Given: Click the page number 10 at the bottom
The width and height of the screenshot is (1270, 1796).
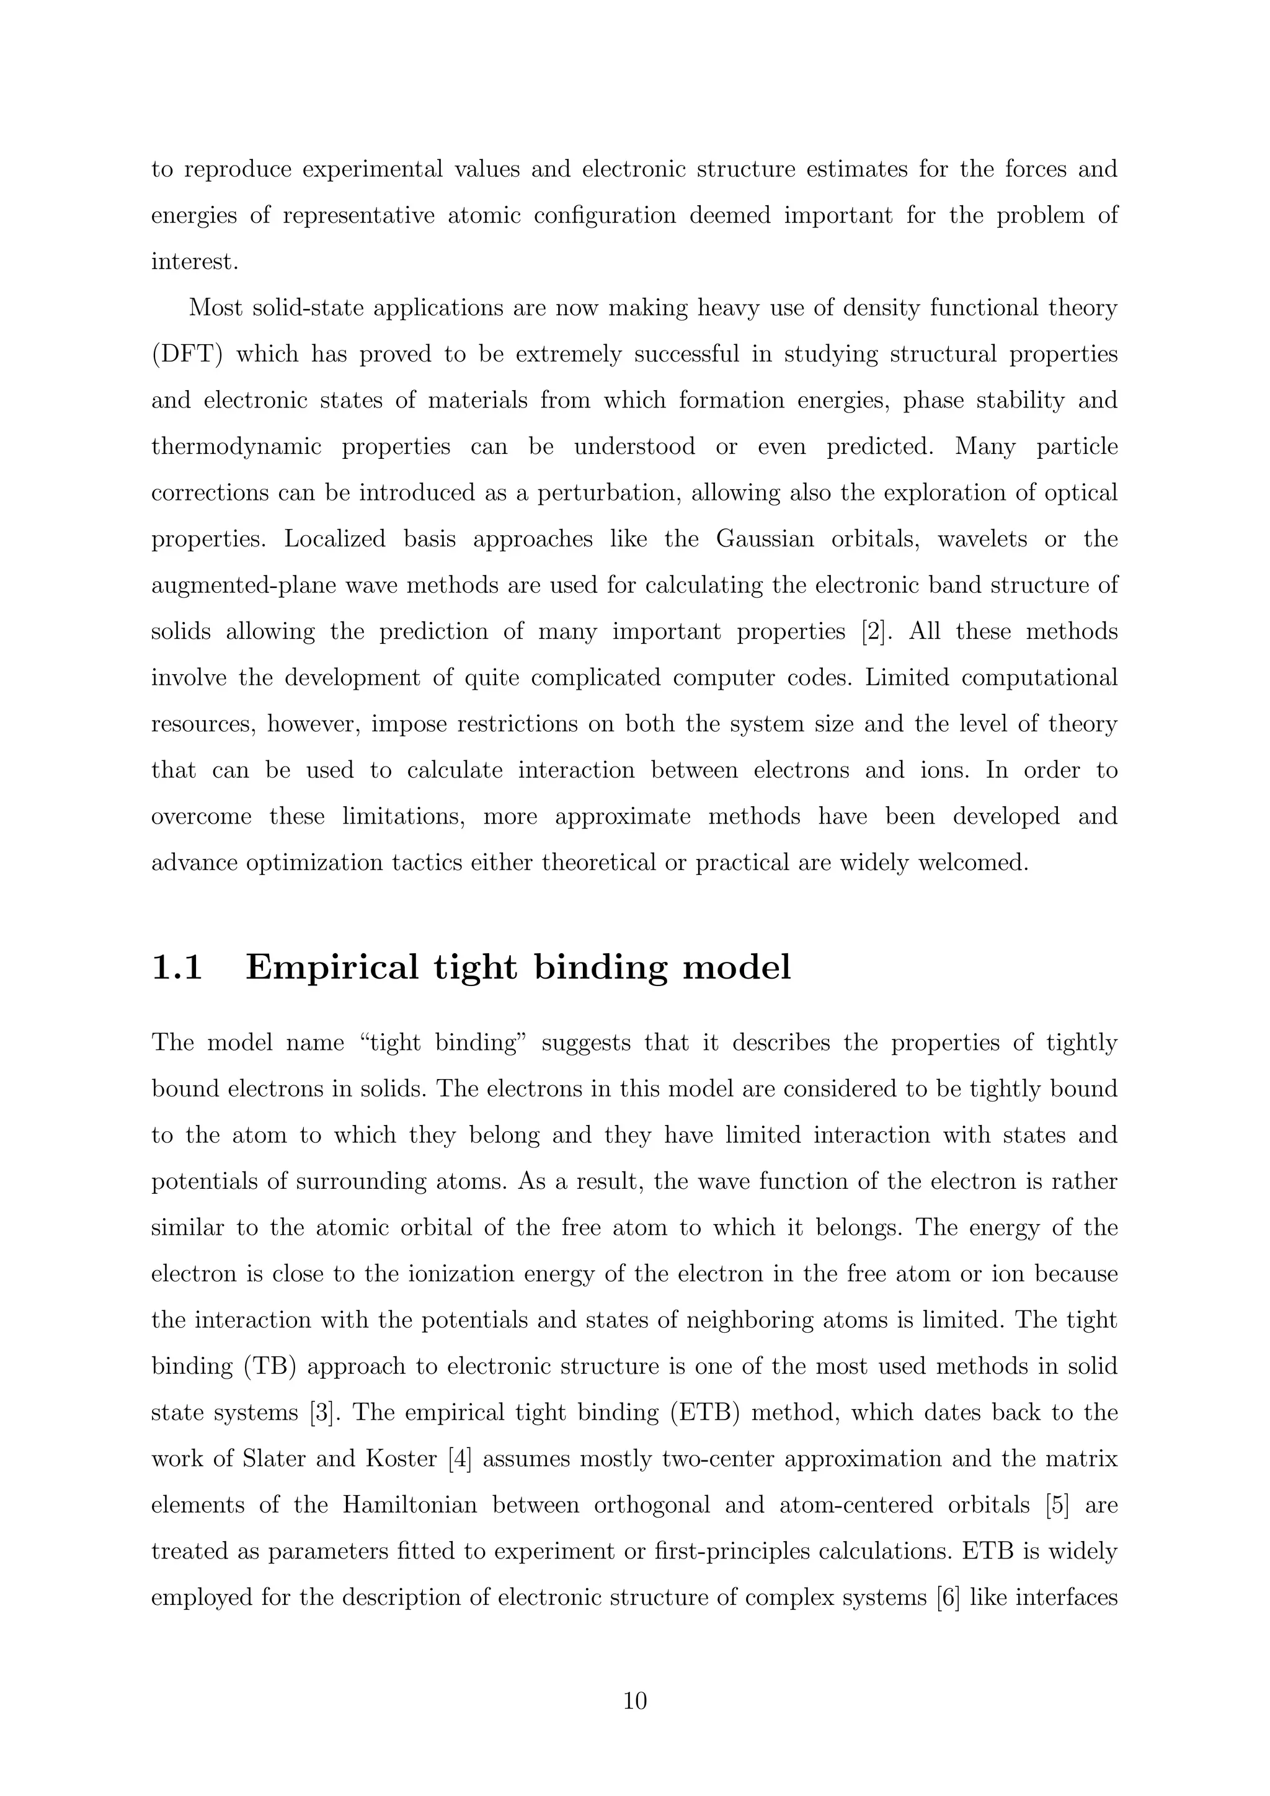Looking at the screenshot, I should (634, 1700).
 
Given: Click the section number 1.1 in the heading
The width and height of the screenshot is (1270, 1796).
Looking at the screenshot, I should (177, 967).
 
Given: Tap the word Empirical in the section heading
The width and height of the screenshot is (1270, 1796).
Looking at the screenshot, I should (332, 967).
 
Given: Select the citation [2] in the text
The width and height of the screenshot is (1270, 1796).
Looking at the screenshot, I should (872, 631).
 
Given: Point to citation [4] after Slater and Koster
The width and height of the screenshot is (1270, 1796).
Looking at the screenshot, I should (460, 1459).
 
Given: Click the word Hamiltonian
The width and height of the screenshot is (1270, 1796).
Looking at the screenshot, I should (410, 1505).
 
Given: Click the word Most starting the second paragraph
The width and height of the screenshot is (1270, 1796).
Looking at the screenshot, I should (215, 308).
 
